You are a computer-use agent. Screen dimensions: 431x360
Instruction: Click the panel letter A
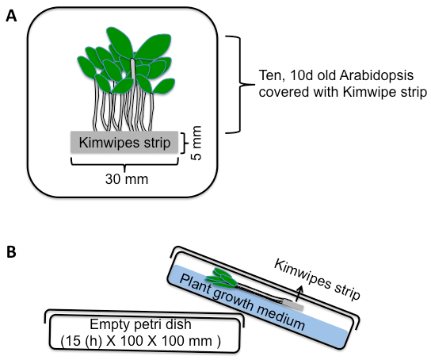11,16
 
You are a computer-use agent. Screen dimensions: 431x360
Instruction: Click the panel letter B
11,252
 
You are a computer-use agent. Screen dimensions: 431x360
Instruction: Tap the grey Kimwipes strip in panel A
124,142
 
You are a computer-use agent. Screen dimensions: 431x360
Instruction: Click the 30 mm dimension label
127,179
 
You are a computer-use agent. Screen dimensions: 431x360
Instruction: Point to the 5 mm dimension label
196,143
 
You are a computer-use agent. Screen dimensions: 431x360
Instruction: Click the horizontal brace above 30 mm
125,164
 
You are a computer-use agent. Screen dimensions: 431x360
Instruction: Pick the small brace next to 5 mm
185,143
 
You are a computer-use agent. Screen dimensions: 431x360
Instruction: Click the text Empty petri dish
140,324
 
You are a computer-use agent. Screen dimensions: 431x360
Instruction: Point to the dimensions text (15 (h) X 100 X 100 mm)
140,341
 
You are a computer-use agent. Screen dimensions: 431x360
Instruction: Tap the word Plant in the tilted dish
196,284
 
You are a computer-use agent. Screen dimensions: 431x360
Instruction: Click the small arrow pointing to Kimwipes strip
299,294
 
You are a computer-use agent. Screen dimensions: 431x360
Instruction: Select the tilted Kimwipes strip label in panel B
318,279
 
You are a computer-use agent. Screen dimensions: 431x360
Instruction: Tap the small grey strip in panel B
294,305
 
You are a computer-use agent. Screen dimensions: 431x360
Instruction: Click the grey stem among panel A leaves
133,68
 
